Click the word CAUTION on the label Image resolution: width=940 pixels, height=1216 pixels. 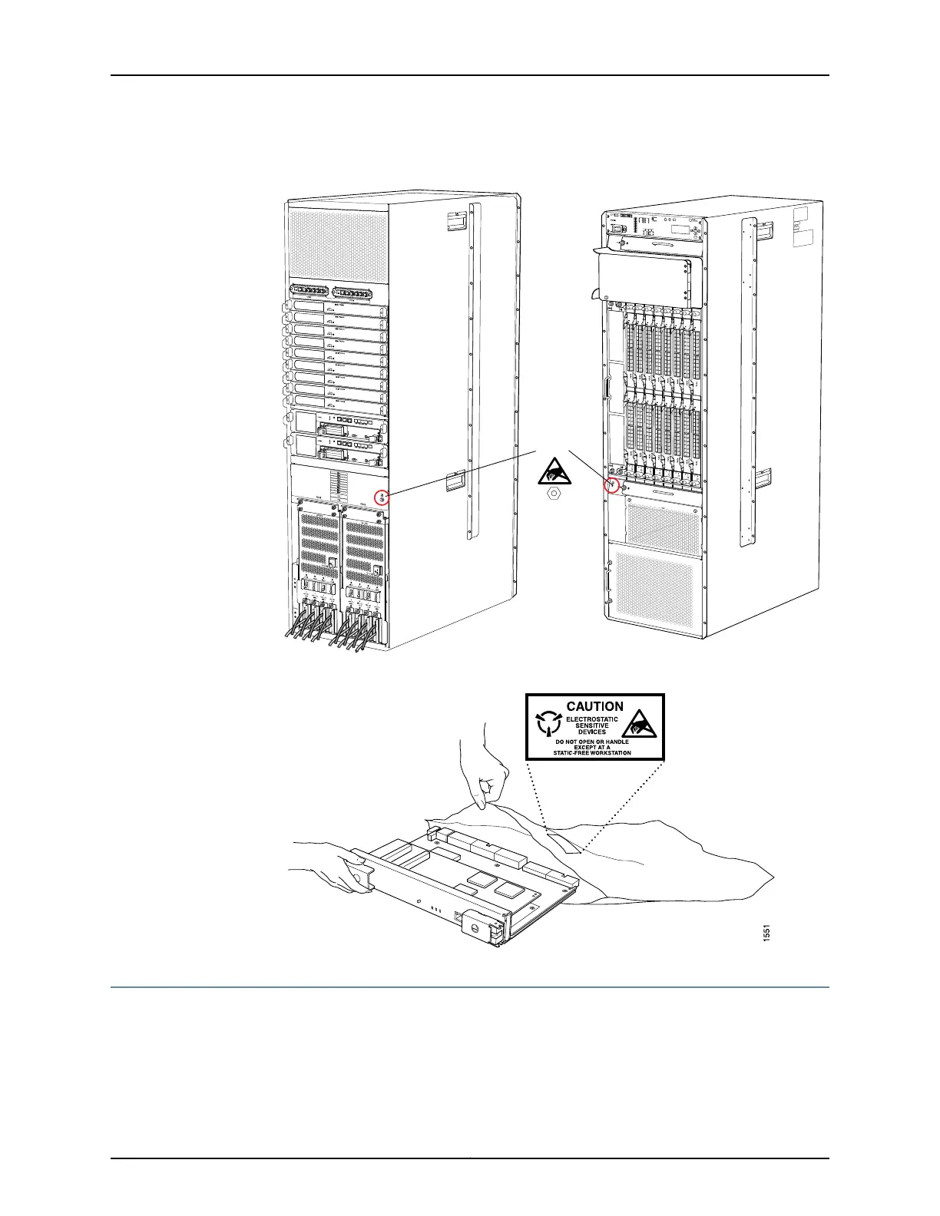(x=594, y=706)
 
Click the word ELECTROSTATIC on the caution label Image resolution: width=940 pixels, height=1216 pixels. (x=592, y=719)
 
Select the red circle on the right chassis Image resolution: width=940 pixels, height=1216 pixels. (x=613, y=485)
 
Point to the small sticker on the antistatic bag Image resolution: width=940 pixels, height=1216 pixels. (x=568, y=844)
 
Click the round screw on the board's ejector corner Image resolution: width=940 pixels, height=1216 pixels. (x=475, y=930)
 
